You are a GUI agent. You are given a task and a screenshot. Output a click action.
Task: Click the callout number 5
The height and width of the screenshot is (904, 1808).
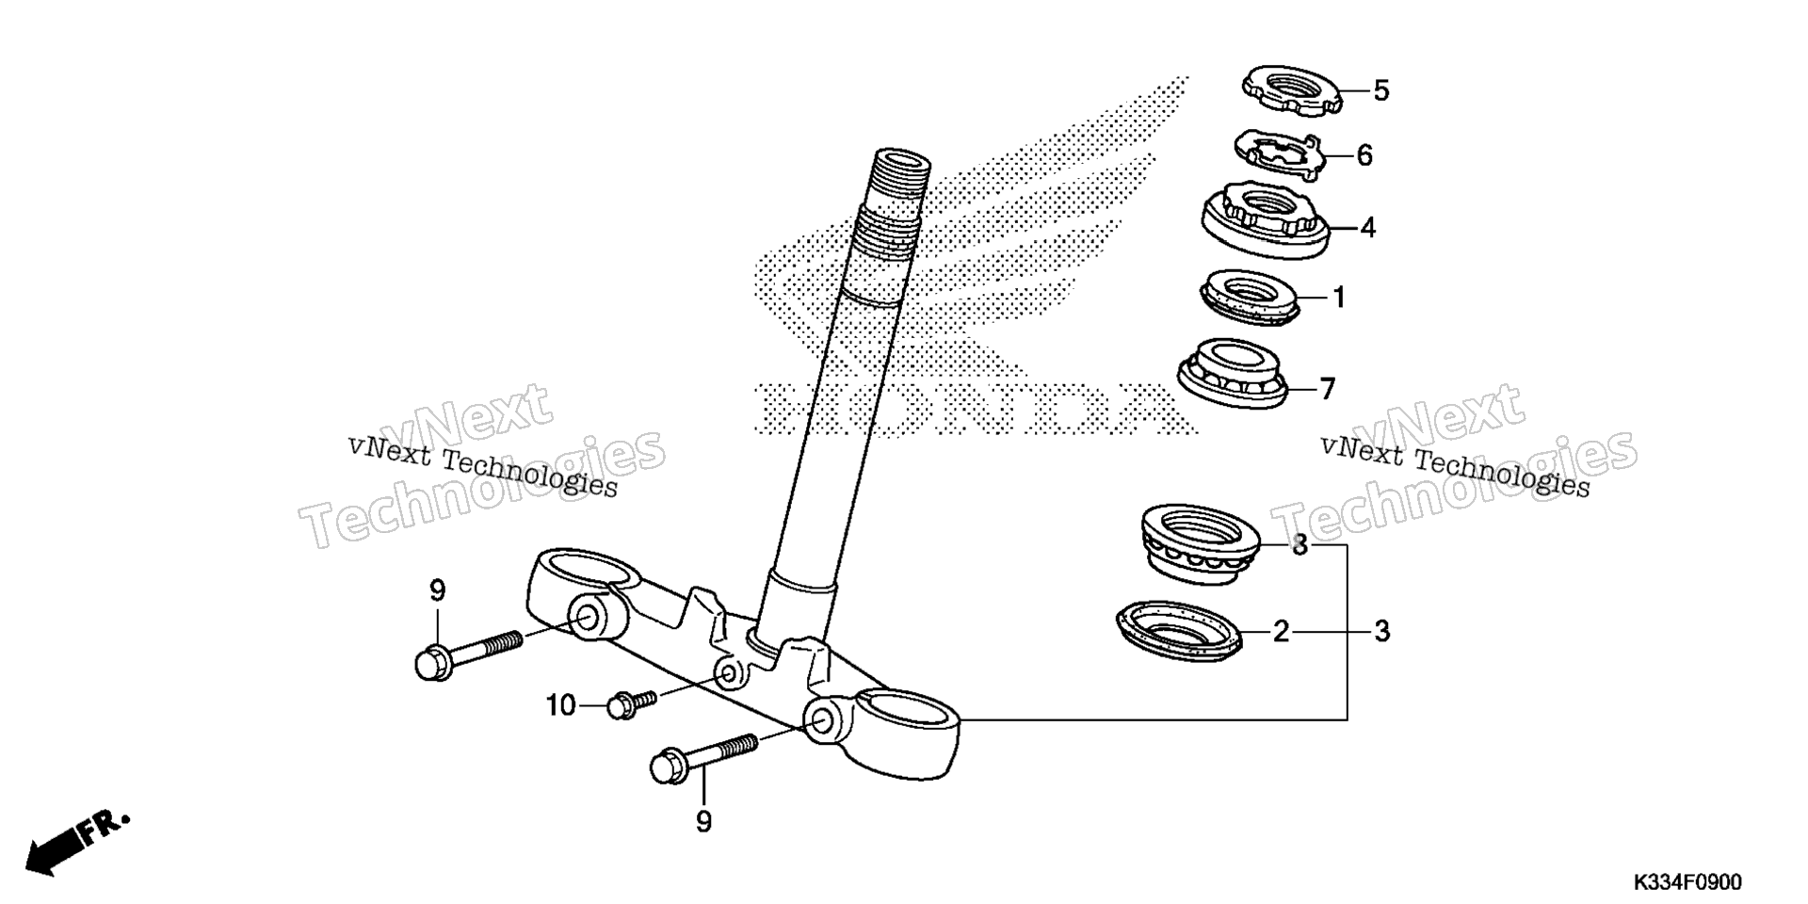click(1380, 91)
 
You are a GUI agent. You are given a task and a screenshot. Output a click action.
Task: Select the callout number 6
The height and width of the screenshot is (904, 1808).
click(1364, 155)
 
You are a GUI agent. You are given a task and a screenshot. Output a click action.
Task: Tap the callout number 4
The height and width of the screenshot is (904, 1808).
click(1367, 228)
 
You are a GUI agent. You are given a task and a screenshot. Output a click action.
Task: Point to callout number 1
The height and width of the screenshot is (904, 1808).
click(1338, 298)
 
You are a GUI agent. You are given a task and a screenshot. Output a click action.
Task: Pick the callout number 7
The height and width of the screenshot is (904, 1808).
click(1327, 388)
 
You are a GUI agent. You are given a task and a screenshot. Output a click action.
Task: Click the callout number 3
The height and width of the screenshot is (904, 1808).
click(1381, 631)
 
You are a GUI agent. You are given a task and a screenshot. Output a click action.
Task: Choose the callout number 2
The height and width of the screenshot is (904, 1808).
click(1281, 631)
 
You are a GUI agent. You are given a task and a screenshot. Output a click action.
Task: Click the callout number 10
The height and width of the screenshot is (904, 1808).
click(561, 705)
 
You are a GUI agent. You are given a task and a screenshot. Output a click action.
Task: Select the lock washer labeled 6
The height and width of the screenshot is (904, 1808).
click(1279, 155)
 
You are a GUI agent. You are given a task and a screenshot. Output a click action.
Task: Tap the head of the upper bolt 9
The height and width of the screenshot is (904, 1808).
click(434, 663)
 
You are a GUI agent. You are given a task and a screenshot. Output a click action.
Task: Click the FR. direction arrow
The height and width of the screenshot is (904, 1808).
click(76, 841)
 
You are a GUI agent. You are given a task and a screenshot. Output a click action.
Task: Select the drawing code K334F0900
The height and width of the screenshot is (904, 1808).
click(1687, 882)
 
